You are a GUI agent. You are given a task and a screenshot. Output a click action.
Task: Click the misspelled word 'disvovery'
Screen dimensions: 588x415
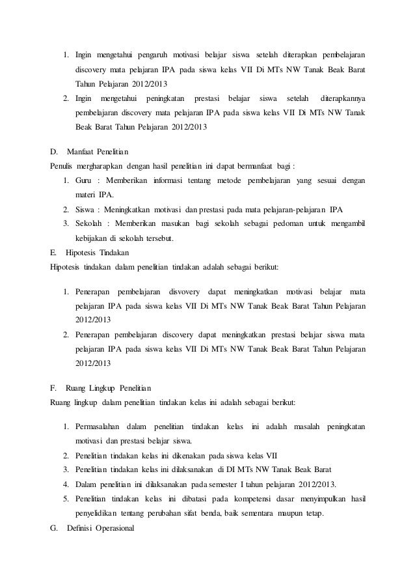185,289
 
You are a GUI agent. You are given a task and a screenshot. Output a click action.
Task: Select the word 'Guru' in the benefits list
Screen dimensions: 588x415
83,180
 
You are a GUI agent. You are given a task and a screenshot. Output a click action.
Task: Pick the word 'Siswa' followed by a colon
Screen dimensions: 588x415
85,210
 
